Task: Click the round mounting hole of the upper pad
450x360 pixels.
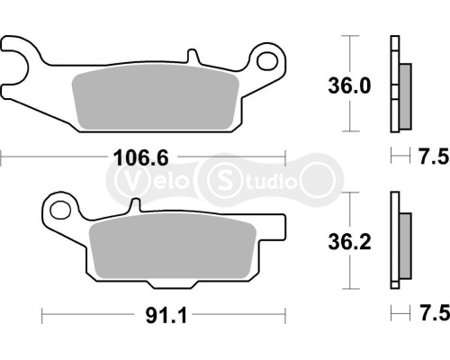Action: click(268, 61)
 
